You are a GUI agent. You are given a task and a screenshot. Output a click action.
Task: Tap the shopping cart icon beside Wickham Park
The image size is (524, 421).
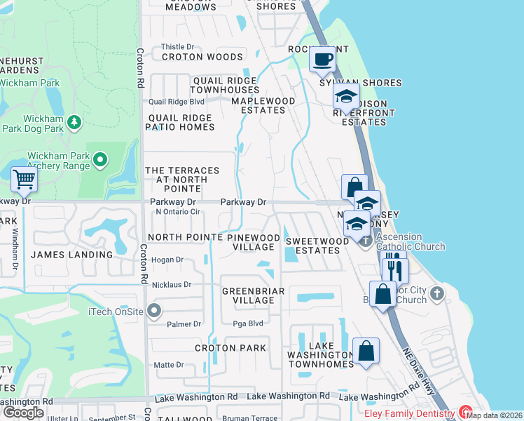(x=24, y=180)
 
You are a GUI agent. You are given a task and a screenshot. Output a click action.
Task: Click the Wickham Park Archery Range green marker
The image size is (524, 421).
(x=100, y=161)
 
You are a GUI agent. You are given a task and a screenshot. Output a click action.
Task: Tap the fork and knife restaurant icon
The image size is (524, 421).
(x=395, y=269)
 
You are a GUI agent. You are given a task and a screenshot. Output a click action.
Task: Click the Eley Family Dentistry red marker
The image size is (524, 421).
(x=464, y=413)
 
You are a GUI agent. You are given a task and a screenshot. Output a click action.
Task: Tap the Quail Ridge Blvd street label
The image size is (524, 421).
(x=170, y=102)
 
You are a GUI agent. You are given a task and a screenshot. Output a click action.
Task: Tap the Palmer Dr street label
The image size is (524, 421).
(x=184, y=324)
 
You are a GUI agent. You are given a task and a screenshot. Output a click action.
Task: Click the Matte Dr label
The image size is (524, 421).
(x=169, y=365)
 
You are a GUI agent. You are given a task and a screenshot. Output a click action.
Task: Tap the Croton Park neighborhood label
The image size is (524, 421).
(x=230, y=348)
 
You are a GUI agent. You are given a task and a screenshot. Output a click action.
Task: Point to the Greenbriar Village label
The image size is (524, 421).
(x=248, y=295)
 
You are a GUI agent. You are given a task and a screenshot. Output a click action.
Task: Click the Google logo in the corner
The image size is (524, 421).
(x=23, y=413)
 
